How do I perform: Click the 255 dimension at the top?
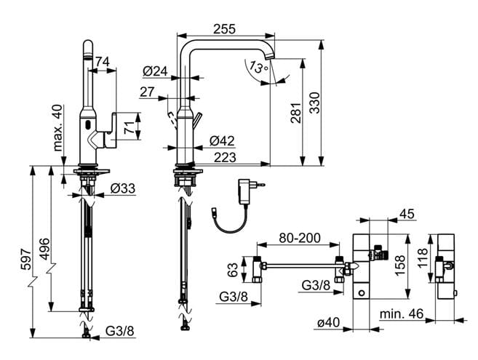[224, 29]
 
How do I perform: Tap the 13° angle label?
[258, 67]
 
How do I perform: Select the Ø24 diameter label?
[155, 71]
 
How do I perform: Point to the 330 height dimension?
[314, 103]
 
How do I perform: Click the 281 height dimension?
[295, 113]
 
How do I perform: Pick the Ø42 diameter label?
[222, 141]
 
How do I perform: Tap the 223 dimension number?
[225, 158]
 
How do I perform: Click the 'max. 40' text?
[57, 128]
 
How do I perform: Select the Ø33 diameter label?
[123, 188]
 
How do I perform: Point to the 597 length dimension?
[25, 260]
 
